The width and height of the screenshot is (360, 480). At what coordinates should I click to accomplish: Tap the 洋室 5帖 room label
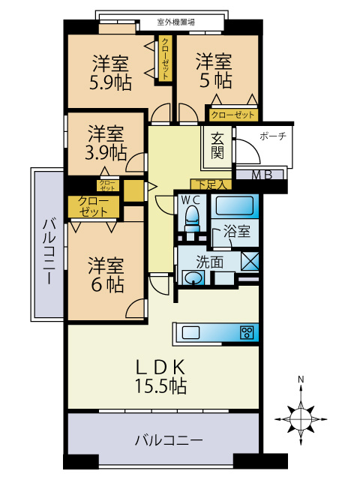(214, 70)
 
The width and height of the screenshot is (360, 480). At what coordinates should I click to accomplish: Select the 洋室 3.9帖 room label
(106, 143)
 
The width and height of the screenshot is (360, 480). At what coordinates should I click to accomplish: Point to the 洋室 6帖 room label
(106, 274)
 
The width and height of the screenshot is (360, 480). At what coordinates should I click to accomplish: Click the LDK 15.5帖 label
(160, 376)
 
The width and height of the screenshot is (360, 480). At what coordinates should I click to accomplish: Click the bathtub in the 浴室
(236, 205)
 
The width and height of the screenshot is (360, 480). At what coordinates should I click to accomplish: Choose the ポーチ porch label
(271, 136)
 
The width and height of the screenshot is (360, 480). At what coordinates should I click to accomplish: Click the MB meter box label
(261, 176)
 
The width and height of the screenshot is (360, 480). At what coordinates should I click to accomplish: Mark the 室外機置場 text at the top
(176, 22)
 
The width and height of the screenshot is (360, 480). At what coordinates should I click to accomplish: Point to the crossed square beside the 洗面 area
(251, 262)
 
